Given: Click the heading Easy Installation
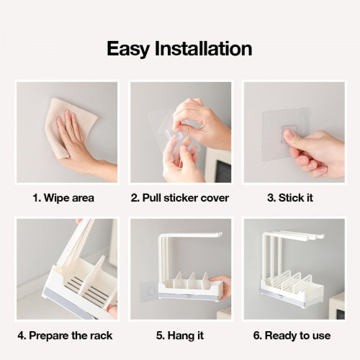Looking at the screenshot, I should pyautogui.click(x=179, y=48).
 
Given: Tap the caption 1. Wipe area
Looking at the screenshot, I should pyautogui.click(x=64, y=197).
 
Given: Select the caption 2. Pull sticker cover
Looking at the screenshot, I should pyautogui.click(x=180, y=197).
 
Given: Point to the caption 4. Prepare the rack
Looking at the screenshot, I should pyautogui.click(x=65, y=335).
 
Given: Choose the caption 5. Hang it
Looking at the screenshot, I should pyautogui.click(x=179, y=335).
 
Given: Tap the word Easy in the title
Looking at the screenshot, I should pyautogui.click(x=129, y=48).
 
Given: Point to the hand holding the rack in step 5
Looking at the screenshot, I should pyautogui.click(x=222, y=287).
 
